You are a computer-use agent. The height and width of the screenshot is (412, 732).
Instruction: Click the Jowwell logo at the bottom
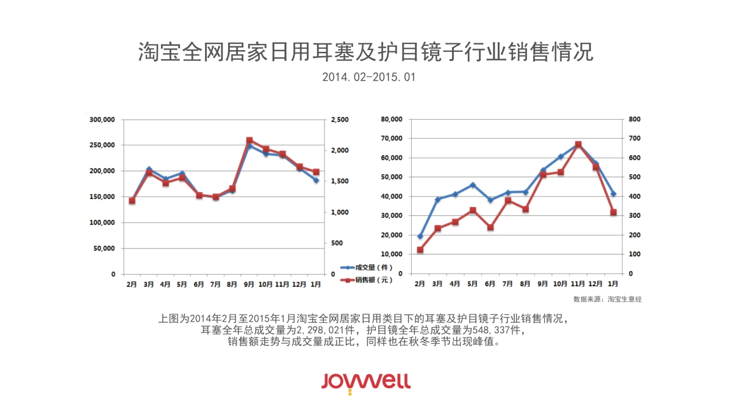(366, 381)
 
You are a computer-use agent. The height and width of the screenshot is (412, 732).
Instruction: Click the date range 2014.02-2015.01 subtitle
(366, 78)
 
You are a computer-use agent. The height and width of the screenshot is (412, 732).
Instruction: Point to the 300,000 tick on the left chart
(102, 120)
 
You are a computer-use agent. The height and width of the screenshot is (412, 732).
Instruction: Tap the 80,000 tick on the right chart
(391, 120)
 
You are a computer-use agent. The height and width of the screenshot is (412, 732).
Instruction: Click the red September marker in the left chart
(249, 141)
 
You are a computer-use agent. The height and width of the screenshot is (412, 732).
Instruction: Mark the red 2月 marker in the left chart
(132, 200)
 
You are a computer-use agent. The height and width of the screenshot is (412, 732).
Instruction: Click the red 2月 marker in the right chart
(420, 250)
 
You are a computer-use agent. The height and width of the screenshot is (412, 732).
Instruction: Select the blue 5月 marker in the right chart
(473, 185)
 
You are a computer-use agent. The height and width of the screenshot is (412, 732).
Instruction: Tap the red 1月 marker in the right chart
(613, 212)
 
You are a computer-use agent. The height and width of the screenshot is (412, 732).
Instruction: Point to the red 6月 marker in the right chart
(490, 227)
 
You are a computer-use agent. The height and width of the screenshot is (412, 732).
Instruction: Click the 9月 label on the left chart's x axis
(249, 284)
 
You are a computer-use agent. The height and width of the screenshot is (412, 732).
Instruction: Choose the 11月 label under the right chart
(577, 284)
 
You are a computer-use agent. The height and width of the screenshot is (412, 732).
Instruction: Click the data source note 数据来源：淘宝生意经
(608, 299)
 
